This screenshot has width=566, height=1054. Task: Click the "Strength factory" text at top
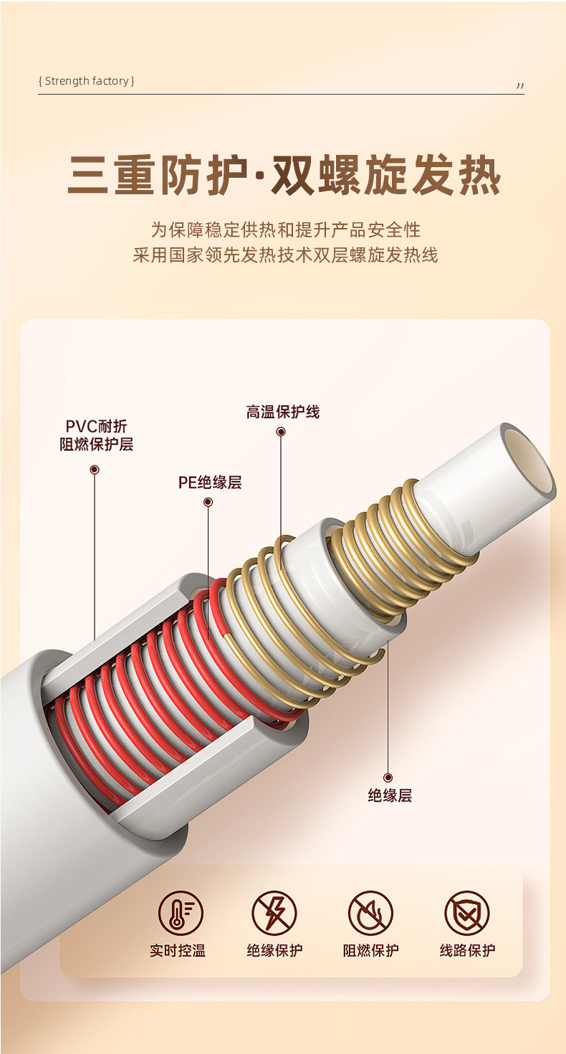point(86,81)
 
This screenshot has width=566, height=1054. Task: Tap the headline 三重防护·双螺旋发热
point(284,175)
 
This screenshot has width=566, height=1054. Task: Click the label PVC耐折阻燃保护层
point(96,435)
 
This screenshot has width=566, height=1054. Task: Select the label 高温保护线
point(282,412)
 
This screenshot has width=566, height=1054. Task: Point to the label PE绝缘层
point(210,483)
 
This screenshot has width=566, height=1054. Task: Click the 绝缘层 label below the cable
point(390,795)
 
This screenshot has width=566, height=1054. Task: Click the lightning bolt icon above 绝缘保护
point(274,913)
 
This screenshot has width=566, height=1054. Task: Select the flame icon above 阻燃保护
point(370,913)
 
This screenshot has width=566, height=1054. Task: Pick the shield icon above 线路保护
point(466,913)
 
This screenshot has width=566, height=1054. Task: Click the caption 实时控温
point(178,951)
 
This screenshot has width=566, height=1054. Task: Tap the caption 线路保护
point(467,951)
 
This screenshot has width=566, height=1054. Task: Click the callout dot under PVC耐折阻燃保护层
point(95,470)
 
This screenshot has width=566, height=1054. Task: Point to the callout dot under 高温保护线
point(281,432)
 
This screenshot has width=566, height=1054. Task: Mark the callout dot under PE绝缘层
point(208,502)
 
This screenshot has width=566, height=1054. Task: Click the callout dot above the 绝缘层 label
point(388,777)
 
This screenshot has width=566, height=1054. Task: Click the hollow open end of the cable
point(529,460)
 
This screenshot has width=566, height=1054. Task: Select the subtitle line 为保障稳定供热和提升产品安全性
point(285,230)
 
